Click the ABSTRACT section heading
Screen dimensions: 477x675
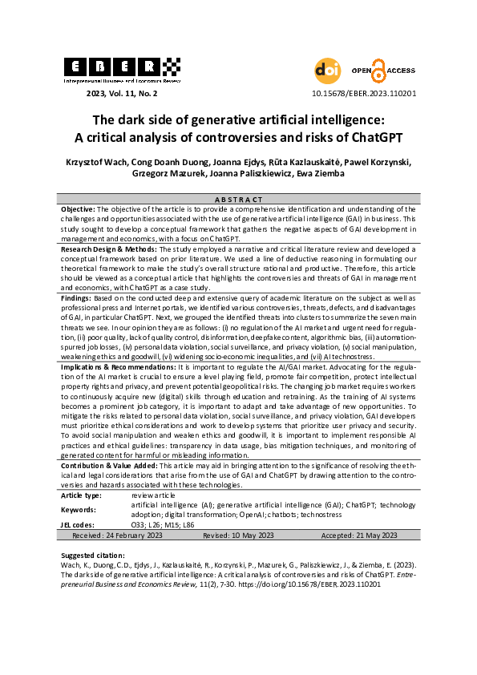pyautogui.click(x=238, y=199)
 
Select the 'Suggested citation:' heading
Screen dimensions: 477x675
pyautogui.click(x=95, y=555)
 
